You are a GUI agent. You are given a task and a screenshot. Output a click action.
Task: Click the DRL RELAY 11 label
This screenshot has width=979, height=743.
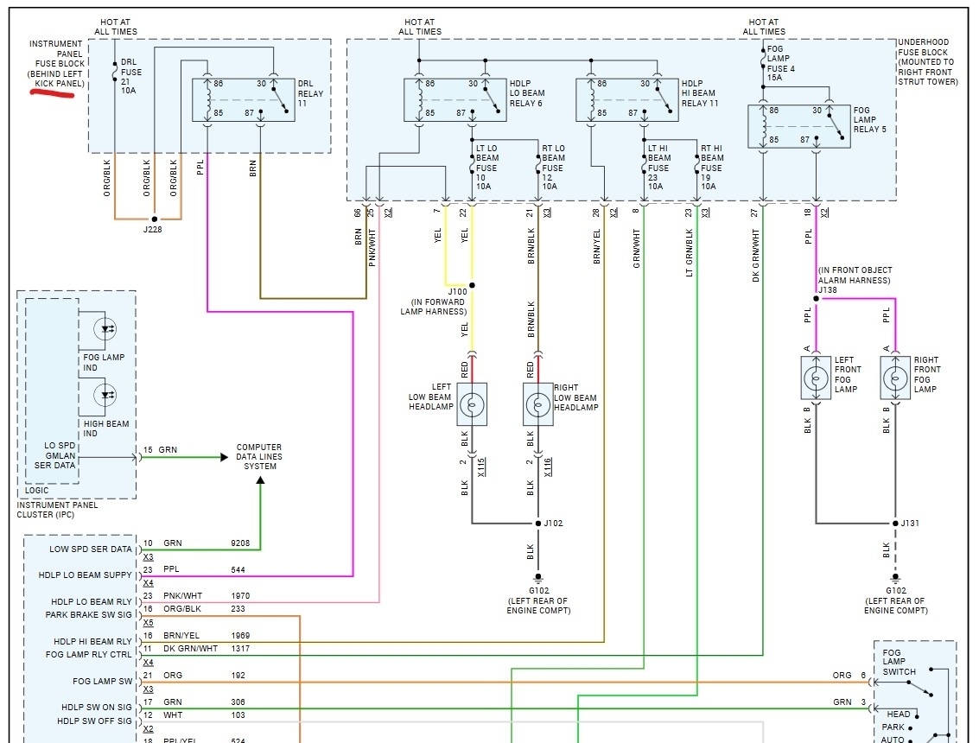[310, 92]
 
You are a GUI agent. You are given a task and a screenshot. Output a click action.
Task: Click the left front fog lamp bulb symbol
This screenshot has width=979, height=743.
[817, 378]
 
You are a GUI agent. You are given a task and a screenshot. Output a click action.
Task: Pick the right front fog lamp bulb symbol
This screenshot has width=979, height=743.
[896, 378]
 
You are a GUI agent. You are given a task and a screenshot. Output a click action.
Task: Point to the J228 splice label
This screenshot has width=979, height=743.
[154, 229]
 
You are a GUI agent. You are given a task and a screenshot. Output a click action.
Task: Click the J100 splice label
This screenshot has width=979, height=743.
[456, 292]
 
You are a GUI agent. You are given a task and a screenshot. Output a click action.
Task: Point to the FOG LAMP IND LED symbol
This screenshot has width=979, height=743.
[108, 328]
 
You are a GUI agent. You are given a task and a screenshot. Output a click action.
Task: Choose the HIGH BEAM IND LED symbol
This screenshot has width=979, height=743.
[108, 397]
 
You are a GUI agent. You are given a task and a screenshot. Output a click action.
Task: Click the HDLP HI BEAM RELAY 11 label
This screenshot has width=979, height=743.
[699, 92]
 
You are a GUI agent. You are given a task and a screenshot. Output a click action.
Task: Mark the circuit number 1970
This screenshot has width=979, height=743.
[241, 596]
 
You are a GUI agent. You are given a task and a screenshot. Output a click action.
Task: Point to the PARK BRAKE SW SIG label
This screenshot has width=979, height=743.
[89, 615]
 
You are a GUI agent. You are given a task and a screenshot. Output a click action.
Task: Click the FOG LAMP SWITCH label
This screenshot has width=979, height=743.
[899, 662]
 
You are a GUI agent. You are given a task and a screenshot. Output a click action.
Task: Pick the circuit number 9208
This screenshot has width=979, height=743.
[241, 544]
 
